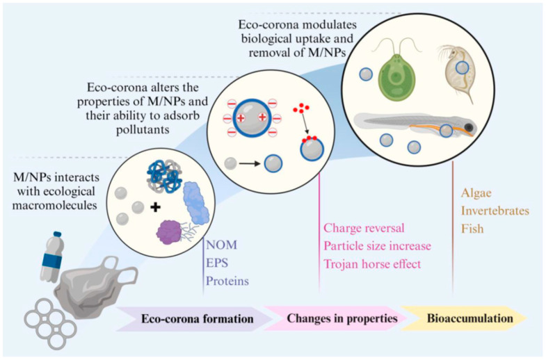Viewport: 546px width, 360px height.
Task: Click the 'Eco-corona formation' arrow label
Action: pos(197,318)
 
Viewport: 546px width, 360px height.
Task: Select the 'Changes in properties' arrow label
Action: pos(342,318)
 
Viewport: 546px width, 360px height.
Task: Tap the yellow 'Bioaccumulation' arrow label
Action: pos(470,318)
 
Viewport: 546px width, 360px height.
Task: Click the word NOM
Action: pos(221,245)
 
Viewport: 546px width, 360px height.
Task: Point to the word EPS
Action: pos(217,263)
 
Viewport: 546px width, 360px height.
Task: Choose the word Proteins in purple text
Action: pos(227,281)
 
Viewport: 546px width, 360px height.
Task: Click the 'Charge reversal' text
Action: pos(364,228)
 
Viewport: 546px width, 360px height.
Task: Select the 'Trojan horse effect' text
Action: pos(372,264)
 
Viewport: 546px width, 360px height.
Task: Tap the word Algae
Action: pos(476,193)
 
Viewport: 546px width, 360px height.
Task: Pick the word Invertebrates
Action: pos(495,211)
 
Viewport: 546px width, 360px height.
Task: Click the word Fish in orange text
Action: pos(472,229)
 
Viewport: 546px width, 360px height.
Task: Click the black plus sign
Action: pos(155,208)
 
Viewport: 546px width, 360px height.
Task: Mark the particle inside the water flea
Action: pos(463,68)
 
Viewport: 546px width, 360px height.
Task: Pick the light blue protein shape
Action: pos(196,203)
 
